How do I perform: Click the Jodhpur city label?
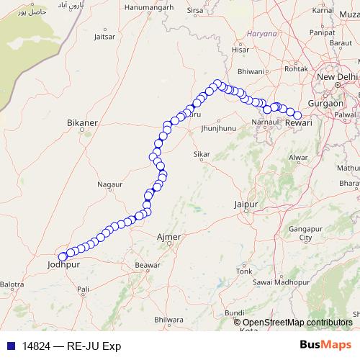62,265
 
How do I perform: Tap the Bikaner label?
81,123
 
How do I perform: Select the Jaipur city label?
246,205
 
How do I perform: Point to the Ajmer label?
168,237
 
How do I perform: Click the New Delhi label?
337,77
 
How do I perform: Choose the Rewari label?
298,124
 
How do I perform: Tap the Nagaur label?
109,185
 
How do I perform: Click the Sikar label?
202,155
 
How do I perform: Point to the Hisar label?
240,50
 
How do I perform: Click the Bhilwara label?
168,319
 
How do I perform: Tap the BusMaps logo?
325,345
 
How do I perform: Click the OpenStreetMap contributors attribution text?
297,323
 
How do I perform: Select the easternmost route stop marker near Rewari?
297,115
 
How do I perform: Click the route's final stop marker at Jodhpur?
63,256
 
